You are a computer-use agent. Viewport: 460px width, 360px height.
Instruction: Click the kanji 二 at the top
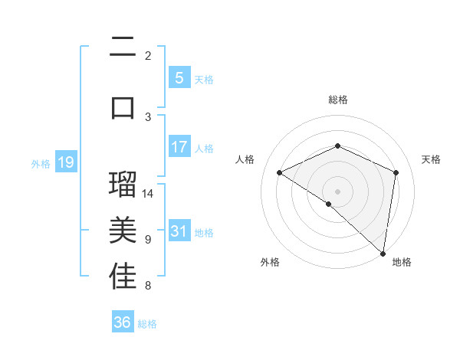coord(123,47)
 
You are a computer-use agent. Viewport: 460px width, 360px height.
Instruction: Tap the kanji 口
coord(123,107)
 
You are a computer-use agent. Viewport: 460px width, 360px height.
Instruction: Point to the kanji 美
coord(123,231)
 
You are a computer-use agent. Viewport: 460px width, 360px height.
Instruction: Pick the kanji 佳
coord(123,277)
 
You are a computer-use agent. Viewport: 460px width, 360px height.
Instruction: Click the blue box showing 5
coord(179,78)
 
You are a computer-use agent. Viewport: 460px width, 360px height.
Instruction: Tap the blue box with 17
coord(179,147)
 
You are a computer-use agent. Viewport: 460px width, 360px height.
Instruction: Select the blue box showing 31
coord(179,231)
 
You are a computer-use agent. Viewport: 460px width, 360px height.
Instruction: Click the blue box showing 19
coord(65,162)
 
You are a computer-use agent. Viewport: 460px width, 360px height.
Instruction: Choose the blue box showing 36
coord(123,322)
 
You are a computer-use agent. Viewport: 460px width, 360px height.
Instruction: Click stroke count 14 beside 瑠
coord(148,193)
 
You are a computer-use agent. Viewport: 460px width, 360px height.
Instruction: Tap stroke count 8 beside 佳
coord(147,286)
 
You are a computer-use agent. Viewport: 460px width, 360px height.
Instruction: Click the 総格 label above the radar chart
coord(337,100)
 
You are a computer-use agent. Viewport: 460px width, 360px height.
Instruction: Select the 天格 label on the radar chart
coord(432,159)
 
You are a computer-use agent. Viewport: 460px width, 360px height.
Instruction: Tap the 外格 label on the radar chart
coord(269,262)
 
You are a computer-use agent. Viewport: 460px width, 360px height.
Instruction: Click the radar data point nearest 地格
coord(383,253)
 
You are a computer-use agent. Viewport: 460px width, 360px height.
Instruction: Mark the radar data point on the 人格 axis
coord(280,173)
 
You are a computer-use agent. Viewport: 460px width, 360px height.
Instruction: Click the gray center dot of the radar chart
coord(337,191)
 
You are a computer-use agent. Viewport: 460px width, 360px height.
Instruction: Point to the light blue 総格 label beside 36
coord(147,324)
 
